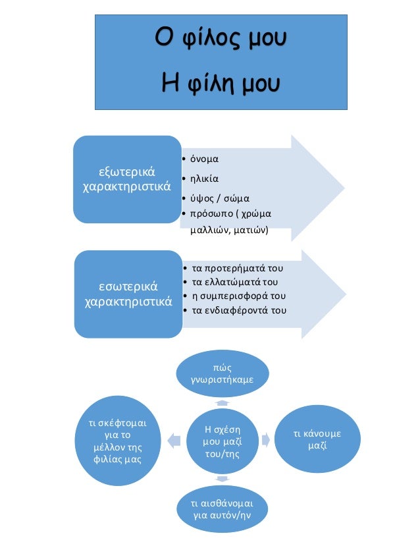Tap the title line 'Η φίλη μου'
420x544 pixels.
pos(221,84)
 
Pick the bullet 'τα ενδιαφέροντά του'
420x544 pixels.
pos(238,310)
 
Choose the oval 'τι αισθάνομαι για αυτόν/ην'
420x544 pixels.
pos(222,508)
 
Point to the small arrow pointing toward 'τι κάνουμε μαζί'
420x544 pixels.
pos(265,437)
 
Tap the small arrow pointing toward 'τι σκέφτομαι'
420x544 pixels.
pos(174,438)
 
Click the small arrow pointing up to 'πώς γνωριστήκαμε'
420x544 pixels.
pos(222,402)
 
